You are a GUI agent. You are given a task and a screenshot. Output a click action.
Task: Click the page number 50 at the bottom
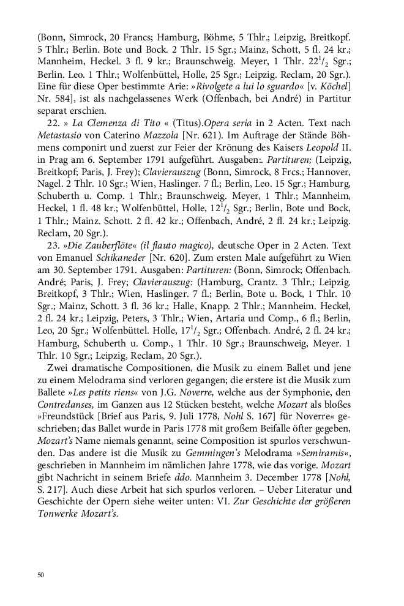40,574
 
